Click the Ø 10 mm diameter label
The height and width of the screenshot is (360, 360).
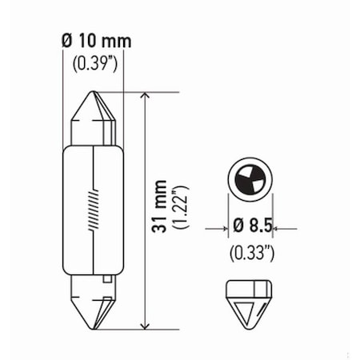tap(94, 41)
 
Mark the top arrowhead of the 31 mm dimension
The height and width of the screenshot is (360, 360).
tap(144, 97)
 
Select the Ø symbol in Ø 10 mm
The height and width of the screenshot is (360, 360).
tap(66, 41)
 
